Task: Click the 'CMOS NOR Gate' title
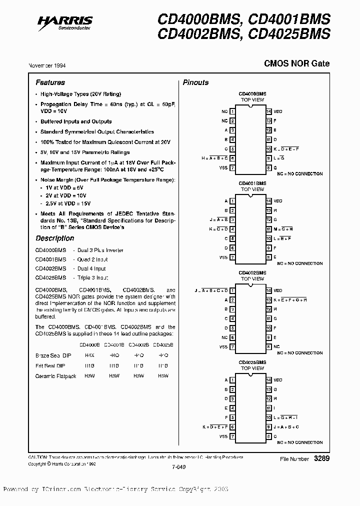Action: [296, 64]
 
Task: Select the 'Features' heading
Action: [50, 82]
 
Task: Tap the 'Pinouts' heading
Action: [195, 82]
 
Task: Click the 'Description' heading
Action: [54, 238]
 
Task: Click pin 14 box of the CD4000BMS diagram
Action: [268, 111]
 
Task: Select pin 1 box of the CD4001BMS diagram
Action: [232, 201]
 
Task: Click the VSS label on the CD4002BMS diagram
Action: [223, 346]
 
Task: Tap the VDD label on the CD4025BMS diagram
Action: [278, 380]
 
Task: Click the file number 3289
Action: [321, 458]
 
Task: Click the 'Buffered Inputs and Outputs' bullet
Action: [76, 121]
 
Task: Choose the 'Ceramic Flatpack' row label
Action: [55, 375]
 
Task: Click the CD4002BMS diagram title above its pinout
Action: [252, 272]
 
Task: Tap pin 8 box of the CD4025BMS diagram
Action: [268, 436]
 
